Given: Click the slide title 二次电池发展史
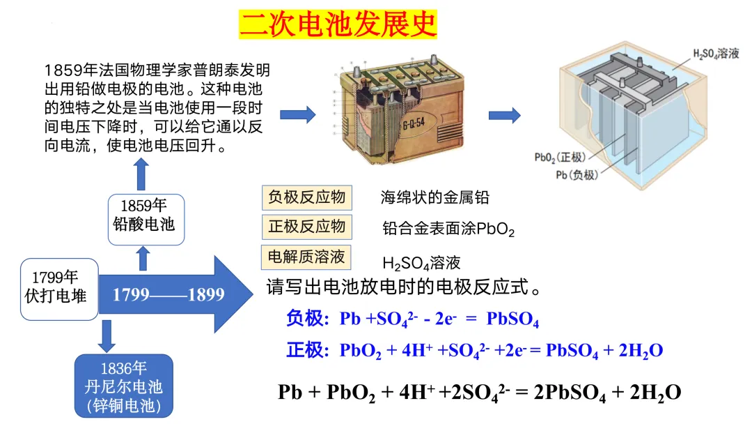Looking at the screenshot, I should pyautogui.click(x=338, y=24).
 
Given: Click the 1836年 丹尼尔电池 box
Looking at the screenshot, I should pyautogui.click(x=123, y=386).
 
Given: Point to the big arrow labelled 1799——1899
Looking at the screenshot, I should pyautogui.click(x=174, y=294).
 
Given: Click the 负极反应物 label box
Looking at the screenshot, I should pyautogui.click(x=307, y=197).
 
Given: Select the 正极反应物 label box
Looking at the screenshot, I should pyautogui.click(x=307, y=227).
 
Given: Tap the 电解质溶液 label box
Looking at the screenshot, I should pyautogui.click(x=307, y=257).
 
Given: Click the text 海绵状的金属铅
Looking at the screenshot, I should pyautogui.click(x=434, y=197).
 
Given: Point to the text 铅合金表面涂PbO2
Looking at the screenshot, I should pyautogui.click(x=448, y=229).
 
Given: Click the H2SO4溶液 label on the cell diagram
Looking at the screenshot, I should pyautogui.click(x=716, y=54).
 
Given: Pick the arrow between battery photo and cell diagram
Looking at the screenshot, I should pyautogui.click(x=504, y=115).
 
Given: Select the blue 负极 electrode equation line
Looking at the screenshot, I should pyautogui.click(x=412, y=319).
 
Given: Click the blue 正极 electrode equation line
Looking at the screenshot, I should pyautogui.click(x=474, y=350).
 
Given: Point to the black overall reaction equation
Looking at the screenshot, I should pyautogui.click(x=479, y=392).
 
